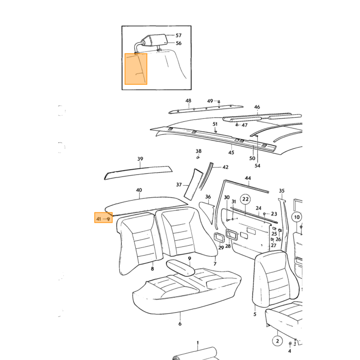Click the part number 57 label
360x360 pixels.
click(178, 35)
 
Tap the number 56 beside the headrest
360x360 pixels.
click(178, 43)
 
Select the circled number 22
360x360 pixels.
click(245, 199)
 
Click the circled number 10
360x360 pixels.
click(297, 217)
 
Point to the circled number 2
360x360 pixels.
click(277, 341)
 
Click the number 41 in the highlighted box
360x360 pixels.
click(99, 219)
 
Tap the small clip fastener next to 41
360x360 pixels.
click(109, 219)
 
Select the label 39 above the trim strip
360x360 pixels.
click(140, 158)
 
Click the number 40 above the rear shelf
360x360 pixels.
click(139, 190)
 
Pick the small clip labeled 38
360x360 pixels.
click(198, 157)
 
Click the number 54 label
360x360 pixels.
click(257, 166)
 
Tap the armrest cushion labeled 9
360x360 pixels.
click(181, 267)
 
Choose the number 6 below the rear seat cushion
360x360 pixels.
click(180, 323)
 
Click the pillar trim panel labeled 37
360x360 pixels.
click(193, 184)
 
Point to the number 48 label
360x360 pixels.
click(188, 101)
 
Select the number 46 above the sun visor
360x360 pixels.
click(257, 107)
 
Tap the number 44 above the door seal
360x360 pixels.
click(248, 178)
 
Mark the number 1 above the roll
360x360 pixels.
click(197, 343)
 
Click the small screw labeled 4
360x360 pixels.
click(290, 343)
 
